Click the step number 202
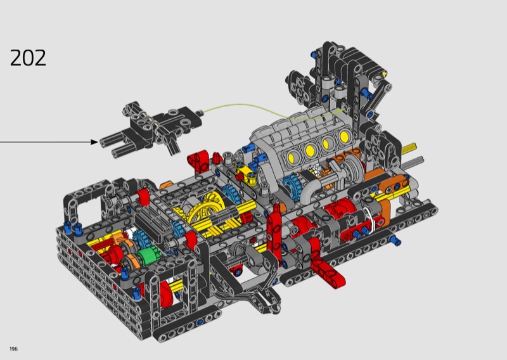coord(28,58)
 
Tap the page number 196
coord(13,349)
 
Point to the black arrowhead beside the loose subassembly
coord(94,142)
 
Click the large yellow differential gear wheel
coord(207,209)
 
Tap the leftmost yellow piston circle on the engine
coord(290,158)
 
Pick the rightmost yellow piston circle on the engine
coord(344,136)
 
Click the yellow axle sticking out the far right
coord(409,148)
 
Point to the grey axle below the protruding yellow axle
coord(413,162)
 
